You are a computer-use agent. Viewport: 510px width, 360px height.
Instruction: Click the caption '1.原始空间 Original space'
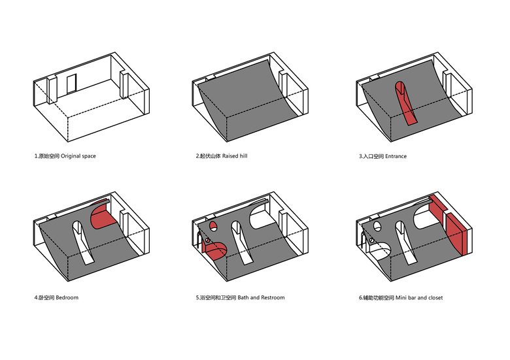(65, 156)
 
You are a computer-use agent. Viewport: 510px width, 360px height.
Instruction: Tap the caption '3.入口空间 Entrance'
(382, 156)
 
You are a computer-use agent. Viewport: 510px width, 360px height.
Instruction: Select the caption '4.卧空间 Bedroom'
(56, 297)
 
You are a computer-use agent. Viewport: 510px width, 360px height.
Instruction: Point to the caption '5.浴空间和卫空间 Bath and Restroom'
(240, 297)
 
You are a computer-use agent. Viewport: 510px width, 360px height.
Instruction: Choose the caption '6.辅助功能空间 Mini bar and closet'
(400, 297)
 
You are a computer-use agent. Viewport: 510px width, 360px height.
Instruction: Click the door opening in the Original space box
(71, 84)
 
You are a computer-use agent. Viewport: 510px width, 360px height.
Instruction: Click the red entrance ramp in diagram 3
(407, 105)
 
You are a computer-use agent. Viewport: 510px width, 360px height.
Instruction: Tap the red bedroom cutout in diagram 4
(101, 216)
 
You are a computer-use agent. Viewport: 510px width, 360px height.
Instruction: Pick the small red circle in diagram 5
(213, 226)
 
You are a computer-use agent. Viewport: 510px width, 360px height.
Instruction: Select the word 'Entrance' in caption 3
(396, 156)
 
